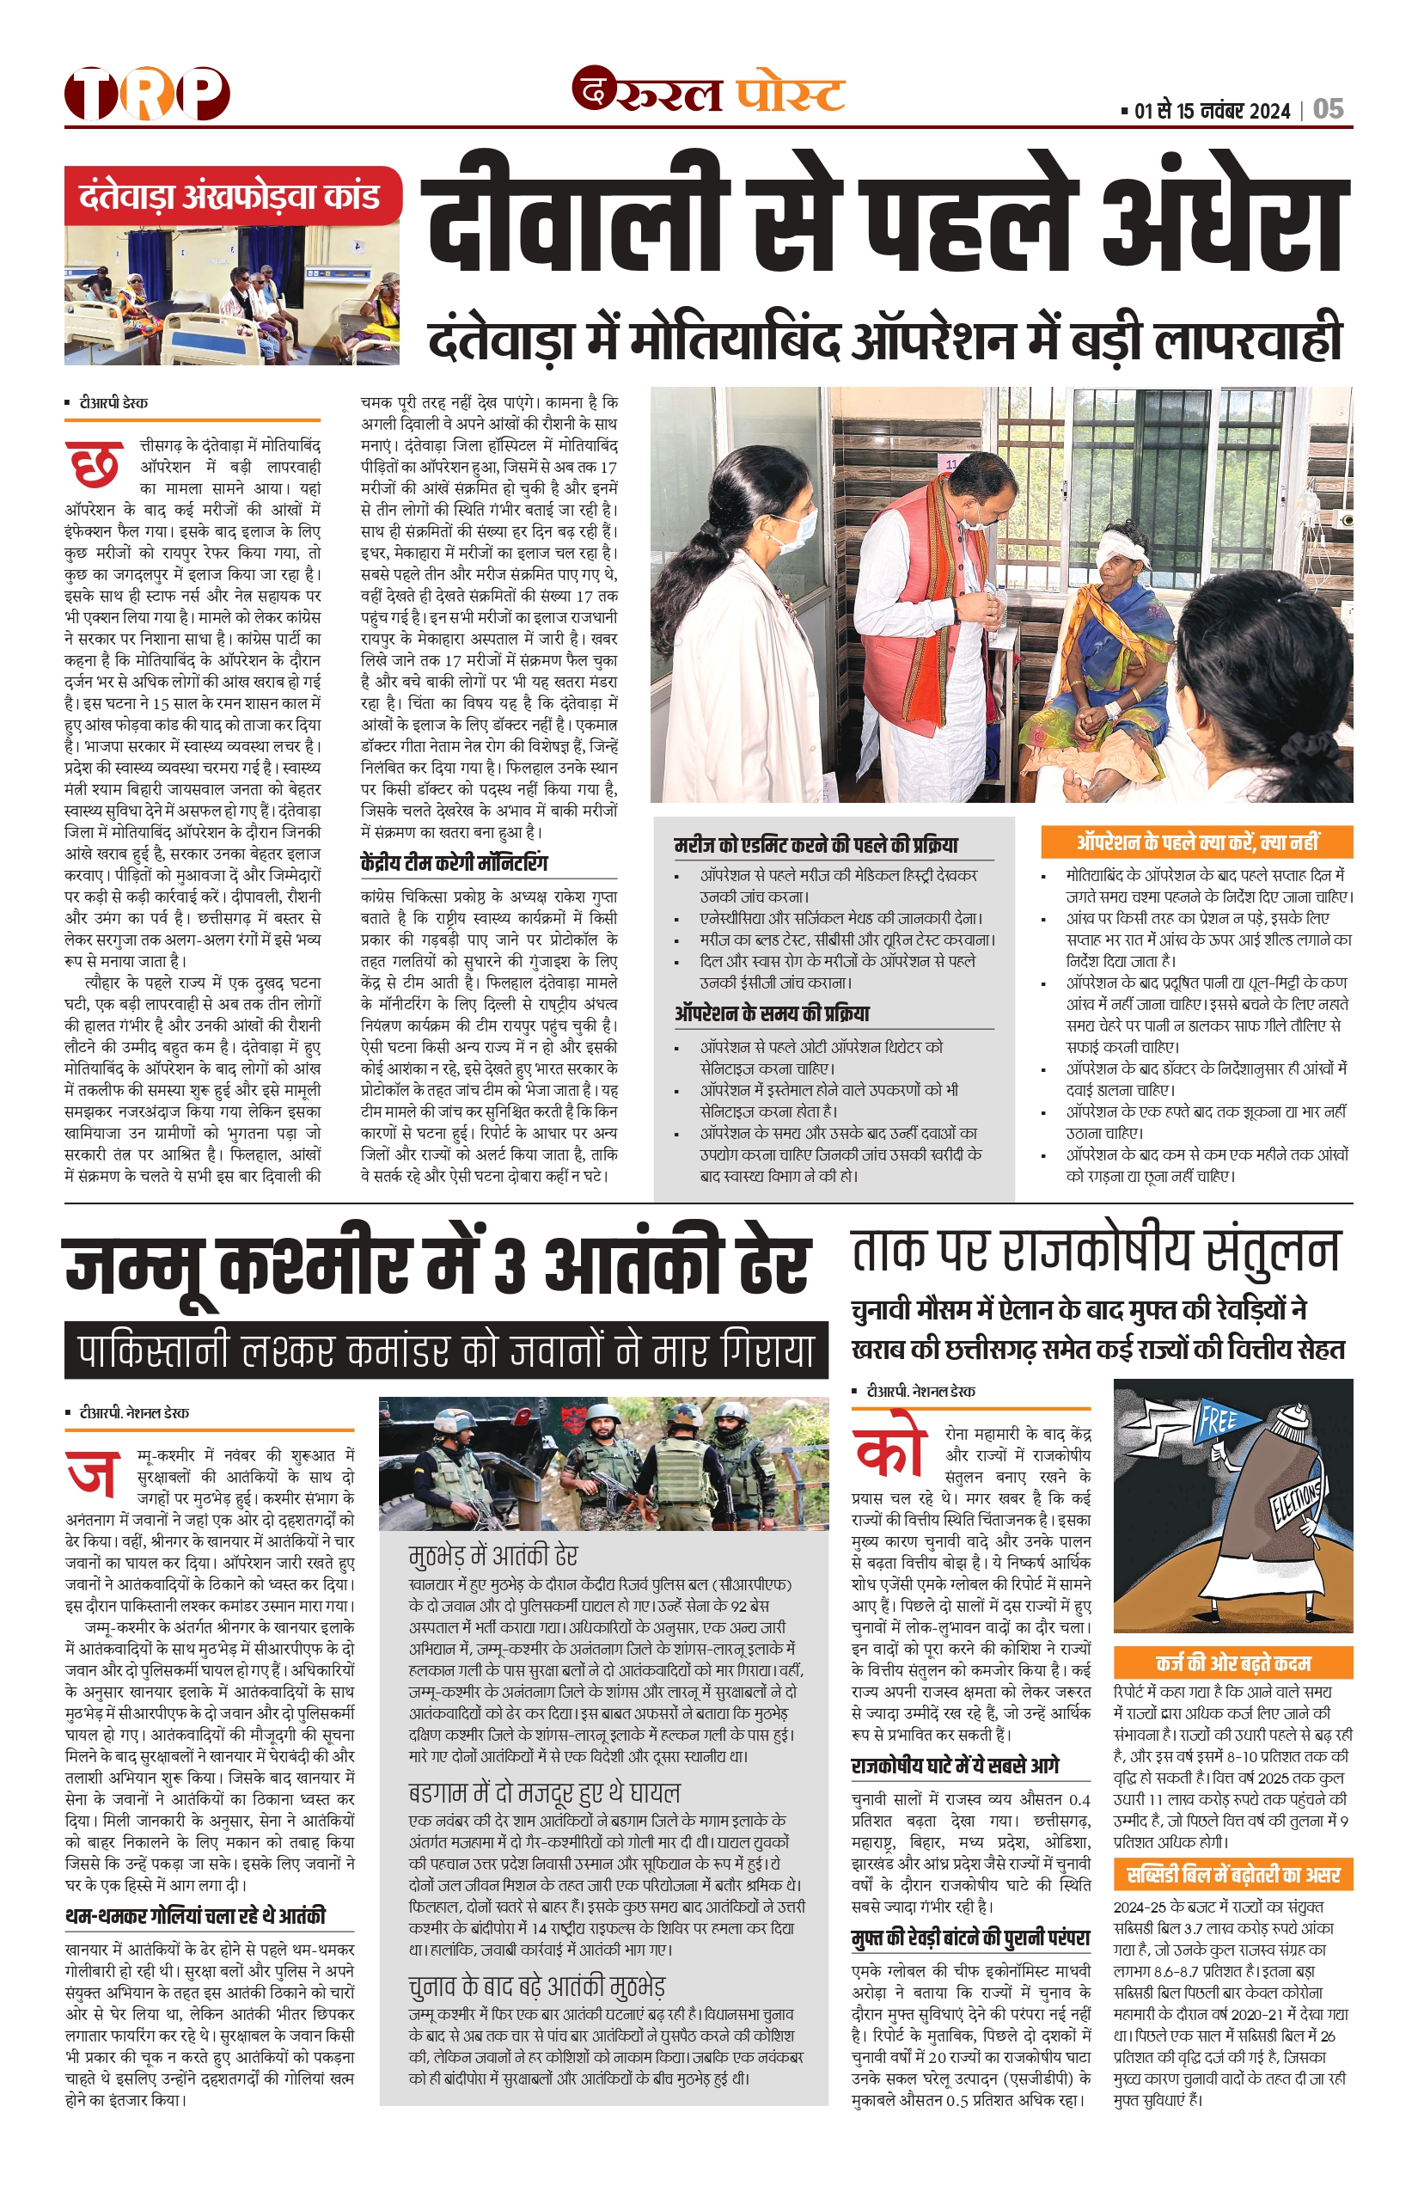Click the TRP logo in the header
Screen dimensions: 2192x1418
tap(146, 94)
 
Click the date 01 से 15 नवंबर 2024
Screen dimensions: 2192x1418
tap(1212, 112)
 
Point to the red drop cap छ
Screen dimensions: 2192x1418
tap(93, 463)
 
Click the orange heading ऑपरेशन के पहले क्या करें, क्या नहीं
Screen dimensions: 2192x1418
tap(1196, 842)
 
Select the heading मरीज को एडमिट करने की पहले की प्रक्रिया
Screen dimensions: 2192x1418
tap(816, 844)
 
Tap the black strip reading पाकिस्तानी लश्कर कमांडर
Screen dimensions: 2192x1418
tap(446, 1351)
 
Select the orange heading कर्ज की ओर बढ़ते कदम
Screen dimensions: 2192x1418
tap(1233, 1662)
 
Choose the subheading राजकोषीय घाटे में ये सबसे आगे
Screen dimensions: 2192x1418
tap(955, 1765)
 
